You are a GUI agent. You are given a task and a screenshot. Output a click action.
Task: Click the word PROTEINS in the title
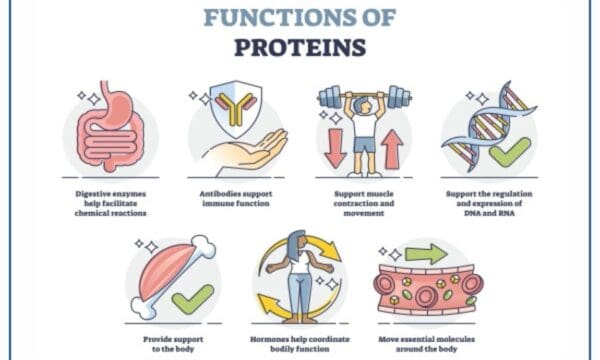click(x=300, y=47)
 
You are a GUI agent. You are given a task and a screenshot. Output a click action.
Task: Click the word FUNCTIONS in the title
click(x=300, y=17)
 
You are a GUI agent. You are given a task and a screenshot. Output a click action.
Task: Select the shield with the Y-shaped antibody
click(x=237, y=108)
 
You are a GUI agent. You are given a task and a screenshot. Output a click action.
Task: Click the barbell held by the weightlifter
click(x=364, y=97)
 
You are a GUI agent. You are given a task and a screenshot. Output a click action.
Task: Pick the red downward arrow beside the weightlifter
click(x=334, y=148)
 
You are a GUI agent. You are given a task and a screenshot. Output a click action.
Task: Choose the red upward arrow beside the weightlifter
click(x=393, y=148)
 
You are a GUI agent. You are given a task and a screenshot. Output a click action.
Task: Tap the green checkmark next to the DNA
click(x=510, y=153)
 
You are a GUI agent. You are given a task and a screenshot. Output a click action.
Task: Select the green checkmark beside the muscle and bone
click(x=192, y=297)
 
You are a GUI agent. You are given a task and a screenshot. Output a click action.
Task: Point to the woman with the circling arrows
click(x=299, y=279)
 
